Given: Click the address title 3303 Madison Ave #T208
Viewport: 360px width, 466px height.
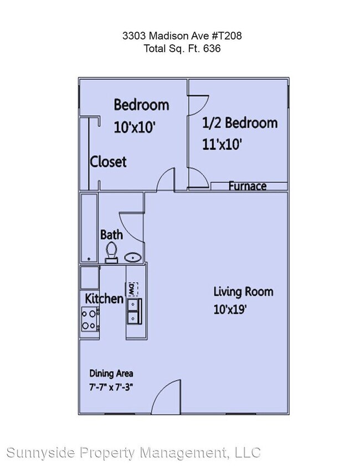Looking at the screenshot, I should click(x=182, y=36).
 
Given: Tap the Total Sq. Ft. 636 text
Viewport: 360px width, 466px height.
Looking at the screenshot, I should click(x=182, y=49).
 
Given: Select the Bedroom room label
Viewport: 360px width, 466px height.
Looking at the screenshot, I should click(x=141, y=104).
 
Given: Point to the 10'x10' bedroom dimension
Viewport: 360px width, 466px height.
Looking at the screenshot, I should click(x=134, y=127).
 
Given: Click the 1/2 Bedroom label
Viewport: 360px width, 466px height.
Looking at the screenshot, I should click(x=240, y=122).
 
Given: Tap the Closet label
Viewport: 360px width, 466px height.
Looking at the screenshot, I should click(x=109, y=162).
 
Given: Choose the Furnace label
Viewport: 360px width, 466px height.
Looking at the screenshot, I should click(x=248, y=186).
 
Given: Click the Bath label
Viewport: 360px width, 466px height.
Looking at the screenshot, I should click(x=111, y=234).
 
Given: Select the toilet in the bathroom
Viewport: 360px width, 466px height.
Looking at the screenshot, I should click(x=112, y=252).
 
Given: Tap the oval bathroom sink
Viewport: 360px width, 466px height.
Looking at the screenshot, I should click(x=132, y=257).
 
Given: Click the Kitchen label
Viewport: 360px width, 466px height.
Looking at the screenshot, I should click(x=104, y=299).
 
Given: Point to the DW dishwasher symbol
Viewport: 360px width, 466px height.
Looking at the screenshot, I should click(x=132, y=289).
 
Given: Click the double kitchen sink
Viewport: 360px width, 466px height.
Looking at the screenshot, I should click(x=133, y=311).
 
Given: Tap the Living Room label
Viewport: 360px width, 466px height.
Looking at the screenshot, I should click(x=243, y=291).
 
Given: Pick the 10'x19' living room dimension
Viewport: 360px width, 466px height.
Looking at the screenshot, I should click(x=230, y=310).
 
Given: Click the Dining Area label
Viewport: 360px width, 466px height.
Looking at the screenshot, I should click(x=111, y=373).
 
